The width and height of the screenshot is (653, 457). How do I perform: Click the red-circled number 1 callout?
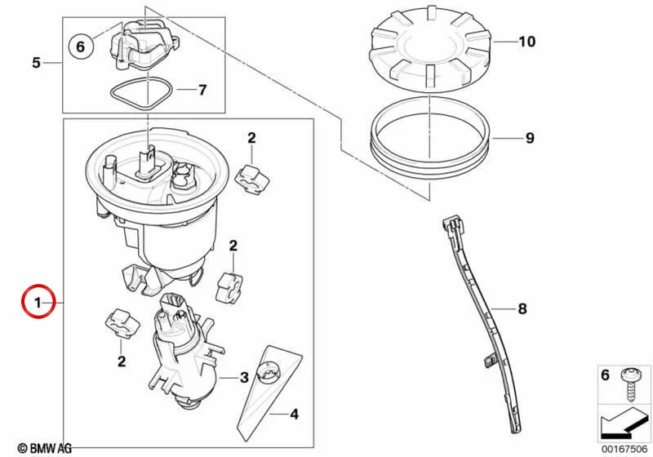(x=38, y=302)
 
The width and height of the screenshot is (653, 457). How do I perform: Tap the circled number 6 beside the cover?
(x=80, y=47)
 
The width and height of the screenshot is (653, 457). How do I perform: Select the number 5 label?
(x=37, y=63)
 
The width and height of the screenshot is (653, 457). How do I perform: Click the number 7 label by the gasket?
(x=202, y=90)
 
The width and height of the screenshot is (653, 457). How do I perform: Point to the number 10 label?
(x=526, y=42)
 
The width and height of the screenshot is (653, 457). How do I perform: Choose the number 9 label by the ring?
(x=530, y=138)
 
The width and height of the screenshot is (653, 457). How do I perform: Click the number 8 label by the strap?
(x=522, y=308)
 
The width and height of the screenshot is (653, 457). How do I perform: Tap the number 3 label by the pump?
(x=244, y=378)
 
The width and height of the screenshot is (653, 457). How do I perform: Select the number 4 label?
(x=294, y=414)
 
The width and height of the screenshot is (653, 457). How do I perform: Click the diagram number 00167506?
(x=624, y=449)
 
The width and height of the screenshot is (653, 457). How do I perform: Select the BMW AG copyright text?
(x=45, y=448)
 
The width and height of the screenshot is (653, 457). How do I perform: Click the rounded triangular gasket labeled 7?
(x=141, y=95)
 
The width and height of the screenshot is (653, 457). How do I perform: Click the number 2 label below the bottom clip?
(x=121, y=361)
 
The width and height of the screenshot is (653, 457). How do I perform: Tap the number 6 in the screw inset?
(x=606, y=375)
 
